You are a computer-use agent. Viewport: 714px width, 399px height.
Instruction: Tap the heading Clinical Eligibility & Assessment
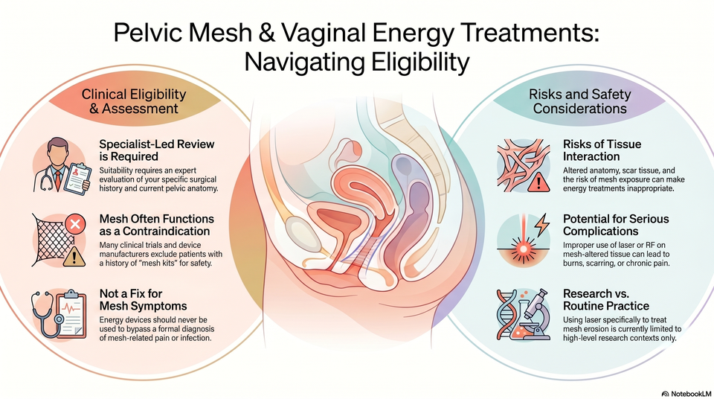point(134,101)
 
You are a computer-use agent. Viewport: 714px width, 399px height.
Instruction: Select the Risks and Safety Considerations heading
point(579,101)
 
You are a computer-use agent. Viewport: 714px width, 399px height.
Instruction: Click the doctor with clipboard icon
point(59,166)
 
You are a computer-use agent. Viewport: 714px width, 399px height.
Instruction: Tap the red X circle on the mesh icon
point(76,224)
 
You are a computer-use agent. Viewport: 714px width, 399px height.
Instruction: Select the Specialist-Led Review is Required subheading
point(157,150)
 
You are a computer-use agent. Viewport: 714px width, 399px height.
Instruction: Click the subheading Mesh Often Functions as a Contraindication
point(157,225)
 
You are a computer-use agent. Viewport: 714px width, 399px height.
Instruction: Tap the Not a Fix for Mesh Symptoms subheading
point(143,299)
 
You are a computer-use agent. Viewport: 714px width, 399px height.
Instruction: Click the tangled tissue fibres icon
point(524,165)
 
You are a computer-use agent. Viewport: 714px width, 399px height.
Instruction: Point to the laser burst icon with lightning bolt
point(524,240)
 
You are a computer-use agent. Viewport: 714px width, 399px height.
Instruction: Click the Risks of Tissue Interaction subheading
point(602,150)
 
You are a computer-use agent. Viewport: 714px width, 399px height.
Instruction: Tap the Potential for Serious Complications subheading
point(616,225)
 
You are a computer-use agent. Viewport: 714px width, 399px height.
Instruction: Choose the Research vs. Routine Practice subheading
point(606,299)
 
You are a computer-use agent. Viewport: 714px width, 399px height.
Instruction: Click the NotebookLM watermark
point(686,393)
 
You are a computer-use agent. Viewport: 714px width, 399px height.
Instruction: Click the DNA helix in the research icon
point(506,315)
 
